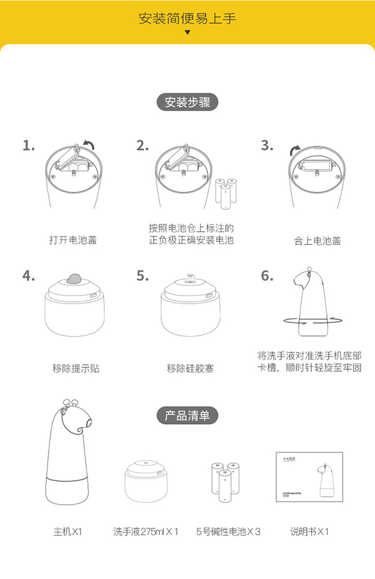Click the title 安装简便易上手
(187, 18)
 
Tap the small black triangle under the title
(187, 32)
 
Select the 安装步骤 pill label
(187, 102)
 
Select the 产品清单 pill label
(187, 415)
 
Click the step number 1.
(28, 146)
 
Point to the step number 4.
(28, 275)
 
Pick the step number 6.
(267, 275)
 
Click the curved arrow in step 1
(89, 146)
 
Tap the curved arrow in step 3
(293, 151)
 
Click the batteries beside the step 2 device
(226, 192)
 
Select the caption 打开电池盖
(73, 240)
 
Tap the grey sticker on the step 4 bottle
(75, 279)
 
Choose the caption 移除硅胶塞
(190, 369)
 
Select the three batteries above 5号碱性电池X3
(226, 482)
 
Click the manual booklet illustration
(310, 476)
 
